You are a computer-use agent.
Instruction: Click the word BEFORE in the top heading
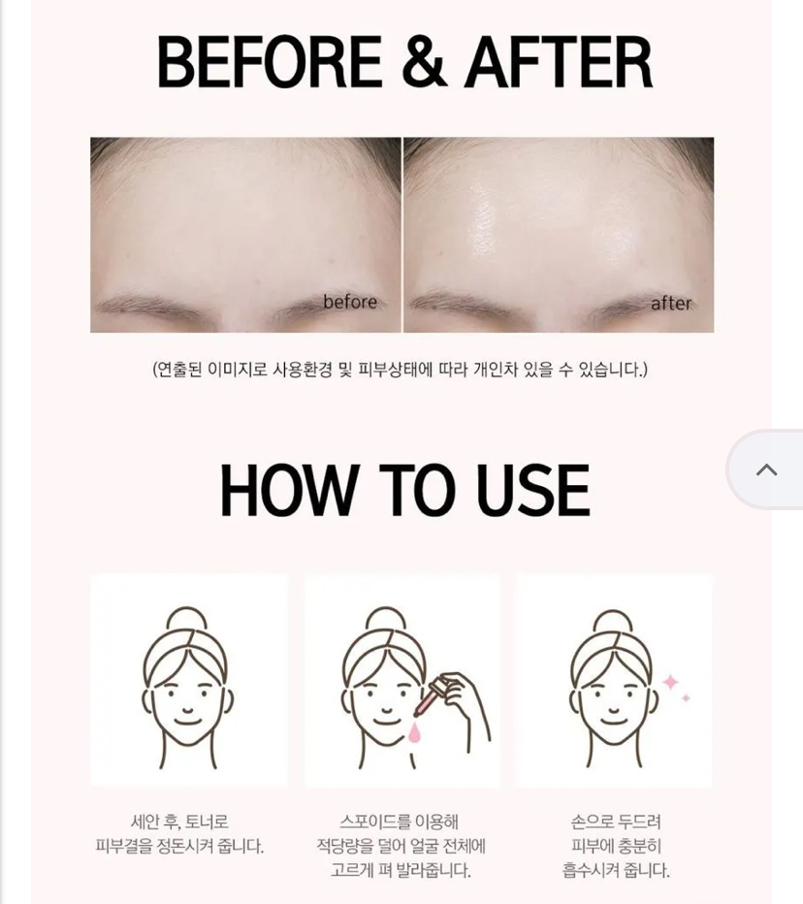coord(270,62)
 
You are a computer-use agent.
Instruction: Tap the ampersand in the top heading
coord(425,62)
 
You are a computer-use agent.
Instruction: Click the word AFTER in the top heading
coord(560,62)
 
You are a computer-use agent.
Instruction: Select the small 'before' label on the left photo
coord(350,302)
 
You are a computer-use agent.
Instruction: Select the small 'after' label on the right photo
coord(670,303)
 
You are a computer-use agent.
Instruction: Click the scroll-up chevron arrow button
coord(766,469)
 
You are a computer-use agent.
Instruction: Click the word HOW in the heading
coord(290,490)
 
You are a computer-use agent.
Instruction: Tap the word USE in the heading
coord(532,490)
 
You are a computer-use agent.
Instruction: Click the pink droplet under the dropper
coord(414,732)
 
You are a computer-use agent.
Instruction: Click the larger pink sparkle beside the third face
coord(670,683)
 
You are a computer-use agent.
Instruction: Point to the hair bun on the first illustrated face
coord(186,620)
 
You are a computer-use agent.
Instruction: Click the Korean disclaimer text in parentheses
coord(401,369)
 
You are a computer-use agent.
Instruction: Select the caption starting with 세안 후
coord(179,833)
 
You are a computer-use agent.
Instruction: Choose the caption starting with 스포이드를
coord(401,846)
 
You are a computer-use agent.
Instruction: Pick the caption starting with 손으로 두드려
coord(616,846)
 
